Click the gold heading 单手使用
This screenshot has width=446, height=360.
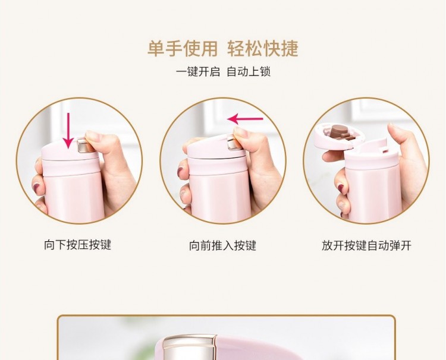tap(183, 49)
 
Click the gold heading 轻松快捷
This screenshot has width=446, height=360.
tap(262, 49)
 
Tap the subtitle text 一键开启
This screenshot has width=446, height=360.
tap(198, 72)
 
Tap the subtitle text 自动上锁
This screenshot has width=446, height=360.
tap(249, 72)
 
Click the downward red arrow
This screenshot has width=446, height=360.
tap(68, 131)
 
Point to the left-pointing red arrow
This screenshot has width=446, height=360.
tap(245, 119)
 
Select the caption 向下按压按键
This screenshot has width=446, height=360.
tap(77, 245)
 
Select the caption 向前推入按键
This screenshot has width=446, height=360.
tap(223, 245)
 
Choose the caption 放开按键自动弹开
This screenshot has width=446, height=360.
tap(366, 245)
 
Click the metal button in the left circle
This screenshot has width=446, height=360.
tap(83, 145)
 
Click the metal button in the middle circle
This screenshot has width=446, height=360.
tap(232, 143)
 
